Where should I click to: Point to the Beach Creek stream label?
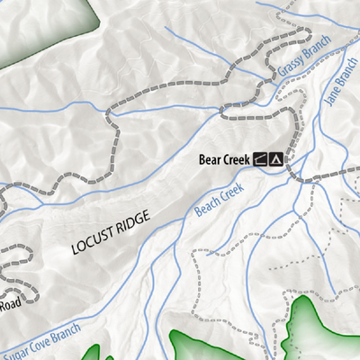tap(219, 200)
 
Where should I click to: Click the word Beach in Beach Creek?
tap(207, 206)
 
